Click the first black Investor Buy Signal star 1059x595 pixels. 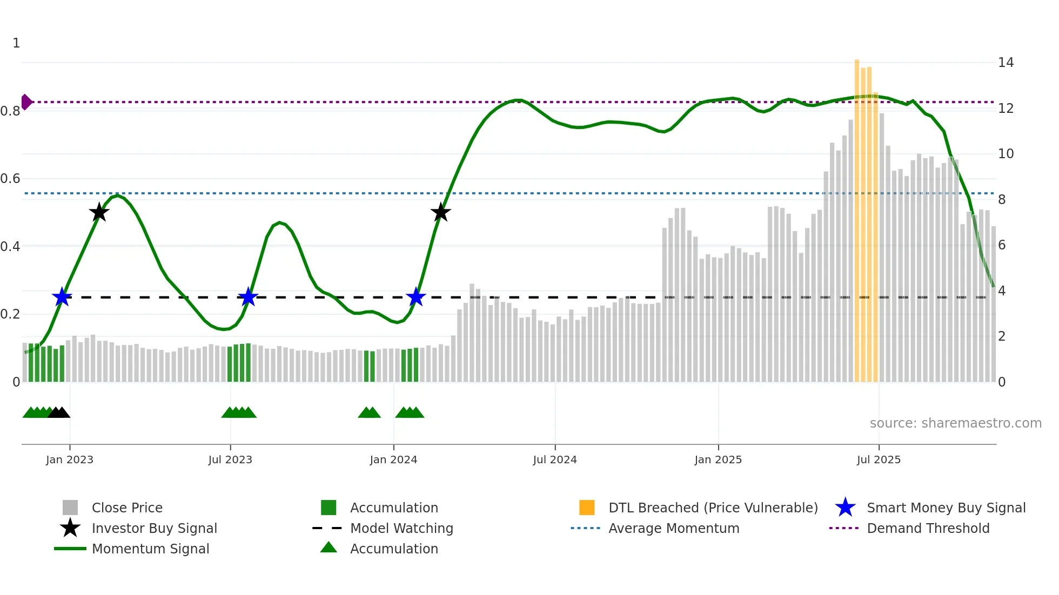99,212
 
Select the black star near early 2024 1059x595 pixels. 440,212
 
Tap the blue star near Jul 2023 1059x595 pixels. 248,297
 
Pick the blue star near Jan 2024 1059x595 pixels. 416,297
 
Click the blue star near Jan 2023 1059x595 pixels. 62,297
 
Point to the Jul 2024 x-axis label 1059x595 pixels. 555,459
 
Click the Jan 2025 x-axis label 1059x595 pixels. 718,459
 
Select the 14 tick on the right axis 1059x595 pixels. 1006,63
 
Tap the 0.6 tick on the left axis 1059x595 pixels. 10,179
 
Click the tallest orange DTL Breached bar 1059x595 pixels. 857,216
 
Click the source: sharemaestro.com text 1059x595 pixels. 955,423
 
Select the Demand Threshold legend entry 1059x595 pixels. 928,528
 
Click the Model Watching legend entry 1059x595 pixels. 401,528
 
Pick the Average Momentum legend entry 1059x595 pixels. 673,528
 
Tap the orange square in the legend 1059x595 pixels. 587,508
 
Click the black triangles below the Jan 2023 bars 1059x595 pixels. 59,413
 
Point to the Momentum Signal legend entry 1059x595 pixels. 150,549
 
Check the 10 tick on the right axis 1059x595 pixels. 1006,154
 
